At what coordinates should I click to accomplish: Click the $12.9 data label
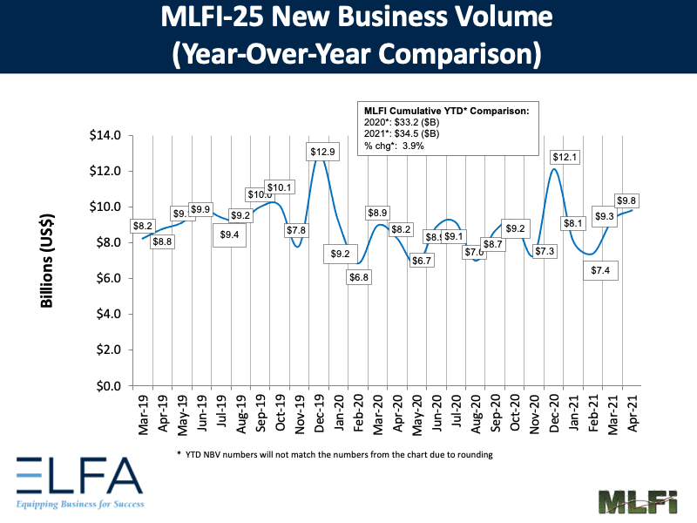click(x=323, y=153)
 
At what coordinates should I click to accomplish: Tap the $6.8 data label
click(x=358, y=277)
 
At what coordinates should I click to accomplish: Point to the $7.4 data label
click(x=601, y=272)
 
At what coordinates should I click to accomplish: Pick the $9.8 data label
click(x=628, y=201)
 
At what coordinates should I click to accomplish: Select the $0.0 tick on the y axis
click(x=110, y=385)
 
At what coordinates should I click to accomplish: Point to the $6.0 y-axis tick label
click(x=110, y=278)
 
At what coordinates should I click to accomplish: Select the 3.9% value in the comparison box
click(x=413, y=146)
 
